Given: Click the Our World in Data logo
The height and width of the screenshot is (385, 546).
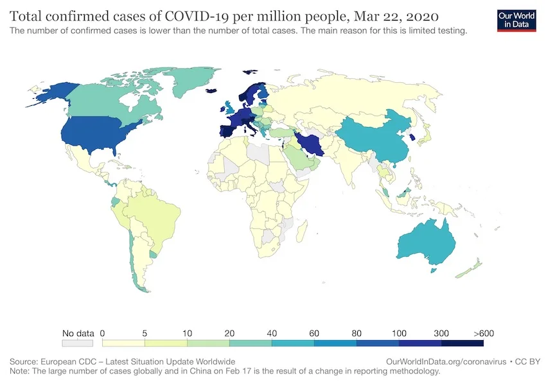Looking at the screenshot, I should click(x=516, y=20).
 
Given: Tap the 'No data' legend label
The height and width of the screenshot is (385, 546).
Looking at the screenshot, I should click(x=78, y=334).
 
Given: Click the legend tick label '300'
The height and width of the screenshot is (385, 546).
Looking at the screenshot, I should click(x=441, y=334).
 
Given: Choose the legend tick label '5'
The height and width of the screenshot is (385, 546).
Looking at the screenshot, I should click(x=145, y=334).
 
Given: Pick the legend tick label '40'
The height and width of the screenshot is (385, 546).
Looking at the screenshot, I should click(x=272, y=334).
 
